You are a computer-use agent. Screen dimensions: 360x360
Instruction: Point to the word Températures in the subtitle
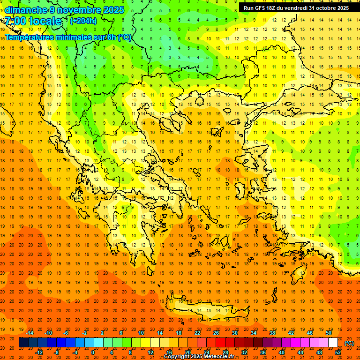pos(29,37)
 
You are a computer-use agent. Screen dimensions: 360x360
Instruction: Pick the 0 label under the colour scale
pos(92,352)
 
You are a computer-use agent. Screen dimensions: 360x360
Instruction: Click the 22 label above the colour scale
pos(197,333)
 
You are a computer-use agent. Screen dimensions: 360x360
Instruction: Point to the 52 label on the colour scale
pos(338,352)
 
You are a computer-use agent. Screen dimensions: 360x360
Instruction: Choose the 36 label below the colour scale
pos(263,352)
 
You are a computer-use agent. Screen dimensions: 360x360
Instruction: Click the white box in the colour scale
pos(333,343)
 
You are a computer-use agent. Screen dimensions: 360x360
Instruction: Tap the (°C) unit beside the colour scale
pos(349,343)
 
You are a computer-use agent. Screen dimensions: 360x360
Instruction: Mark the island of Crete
pos(206,310)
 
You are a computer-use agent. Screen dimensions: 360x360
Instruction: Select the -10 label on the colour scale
pos(48,333)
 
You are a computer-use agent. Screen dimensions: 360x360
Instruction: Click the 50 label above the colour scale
pos(329,333)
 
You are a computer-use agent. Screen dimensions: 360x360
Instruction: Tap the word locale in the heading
pos(45,22)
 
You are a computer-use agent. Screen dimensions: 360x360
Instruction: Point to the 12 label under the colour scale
pos(150,352)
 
